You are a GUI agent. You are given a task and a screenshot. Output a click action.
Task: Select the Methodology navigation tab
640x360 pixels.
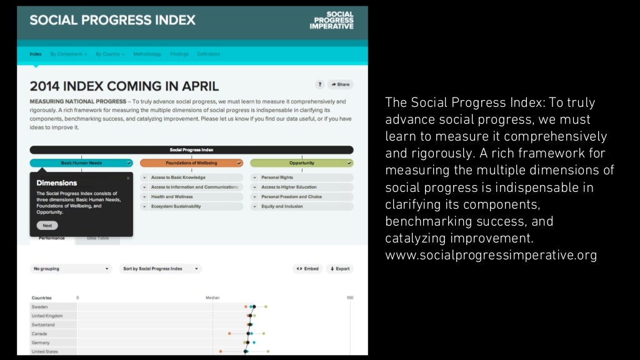147,54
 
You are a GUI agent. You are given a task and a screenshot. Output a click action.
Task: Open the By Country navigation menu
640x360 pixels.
110,54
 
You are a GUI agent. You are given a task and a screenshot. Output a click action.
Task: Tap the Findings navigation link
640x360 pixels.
179,54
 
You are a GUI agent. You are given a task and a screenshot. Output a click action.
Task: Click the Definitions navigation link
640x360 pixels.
209,54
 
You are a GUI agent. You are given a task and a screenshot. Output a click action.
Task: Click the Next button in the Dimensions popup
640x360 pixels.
47,226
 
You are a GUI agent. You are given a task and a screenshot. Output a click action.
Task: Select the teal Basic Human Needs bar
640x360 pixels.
81,163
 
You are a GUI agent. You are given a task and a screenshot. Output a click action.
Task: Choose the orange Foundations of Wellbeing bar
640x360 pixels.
191,163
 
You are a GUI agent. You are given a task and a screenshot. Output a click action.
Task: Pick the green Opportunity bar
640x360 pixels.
301,163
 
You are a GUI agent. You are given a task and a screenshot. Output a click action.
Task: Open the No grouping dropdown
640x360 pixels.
71,269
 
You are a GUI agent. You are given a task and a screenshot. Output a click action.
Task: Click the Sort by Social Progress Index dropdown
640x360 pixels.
160,269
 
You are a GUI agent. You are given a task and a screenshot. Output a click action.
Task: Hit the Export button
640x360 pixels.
339,269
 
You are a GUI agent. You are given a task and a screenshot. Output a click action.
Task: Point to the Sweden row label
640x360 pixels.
39,307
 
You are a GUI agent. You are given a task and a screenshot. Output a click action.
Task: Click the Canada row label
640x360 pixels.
39,334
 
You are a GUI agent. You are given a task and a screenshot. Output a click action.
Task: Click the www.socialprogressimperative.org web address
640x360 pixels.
491,256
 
